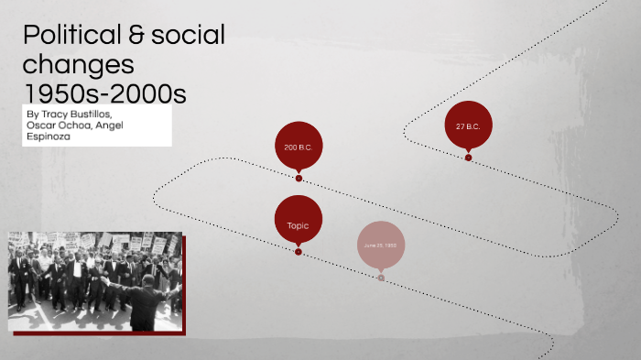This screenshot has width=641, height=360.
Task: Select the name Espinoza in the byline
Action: click(x=53, y=139)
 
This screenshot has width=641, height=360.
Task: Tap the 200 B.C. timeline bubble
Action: click(x=299, y=146)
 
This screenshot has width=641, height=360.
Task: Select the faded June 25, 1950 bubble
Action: click(x=380, y=245)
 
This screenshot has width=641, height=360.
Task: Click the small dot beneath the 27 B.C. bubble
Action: click(x=468, y=158)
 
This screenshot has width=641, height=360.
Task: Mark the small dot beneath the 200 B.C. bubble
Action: click(x=299, y=178)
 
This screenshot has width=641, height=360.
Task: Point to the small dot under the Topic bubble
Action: click(x=299, y=251)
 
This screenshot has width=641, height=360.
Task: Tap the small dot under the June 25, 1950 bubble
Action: click(x=381, y=277)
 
